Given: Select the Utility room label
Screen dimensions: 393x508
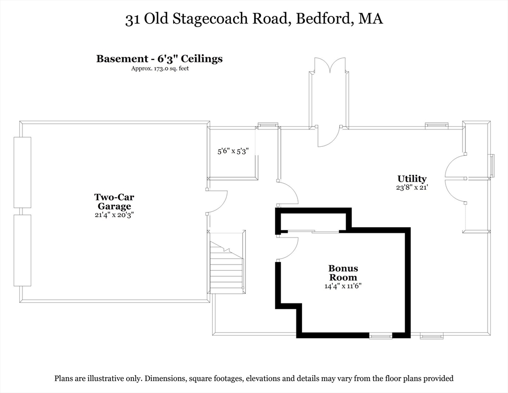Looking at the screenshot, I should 412,179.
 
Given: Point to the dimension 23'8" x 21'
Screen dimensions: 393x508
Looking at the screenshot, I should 412,187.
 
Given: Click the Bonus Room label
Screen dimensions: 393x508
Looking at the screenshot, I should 343,273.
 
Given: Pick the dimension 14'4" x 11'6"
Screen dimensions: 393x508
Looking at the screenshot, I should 343,286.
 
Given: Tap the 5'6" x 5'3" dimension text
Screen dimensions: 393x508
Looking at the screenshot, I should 233,151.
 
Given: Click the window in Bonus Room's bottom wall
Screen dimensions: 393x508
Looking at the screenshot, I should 381,336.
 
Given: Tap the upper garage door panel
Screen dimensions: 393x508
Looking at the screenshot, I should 22,172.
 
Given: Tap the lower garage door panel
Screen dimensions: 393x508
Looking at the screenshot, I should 22,250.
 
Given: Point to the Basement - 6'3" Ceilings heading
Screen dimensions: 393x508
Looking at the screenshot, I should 159,59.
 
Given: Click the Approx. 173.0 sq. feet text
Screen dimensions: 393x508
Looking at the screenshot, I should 159,68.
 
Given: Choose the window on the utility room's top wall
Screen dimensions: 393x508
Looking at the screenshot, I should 437,125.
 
